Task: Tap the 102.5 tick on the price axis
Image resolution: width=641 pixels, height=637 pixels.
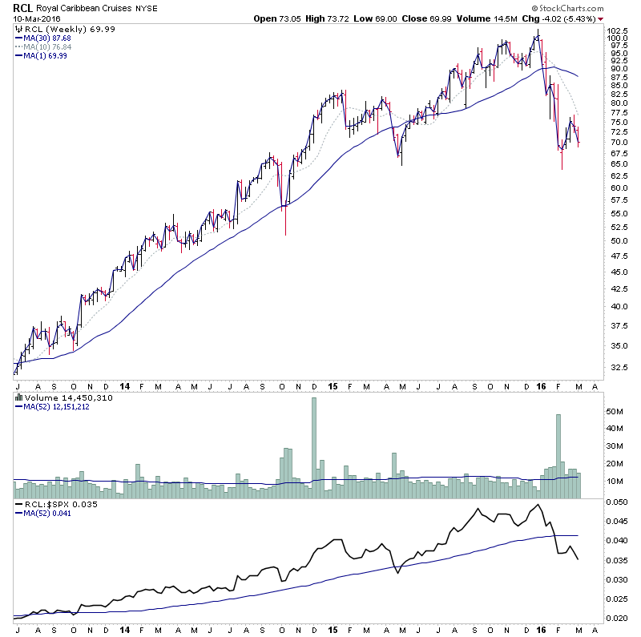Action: coord(615,30)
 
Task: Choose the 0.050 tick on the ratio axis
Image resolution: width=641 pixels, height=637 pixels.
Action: coord(614,502)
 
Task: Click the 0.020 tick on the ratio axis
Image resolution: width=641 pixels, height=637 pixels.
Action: coord(614,619)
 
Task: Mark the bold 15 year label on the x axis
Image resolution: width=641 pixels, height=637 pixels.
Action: coord(333,385)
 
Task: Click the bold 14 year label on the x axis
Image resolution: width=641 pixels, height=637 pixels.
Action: coord(126,385)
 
